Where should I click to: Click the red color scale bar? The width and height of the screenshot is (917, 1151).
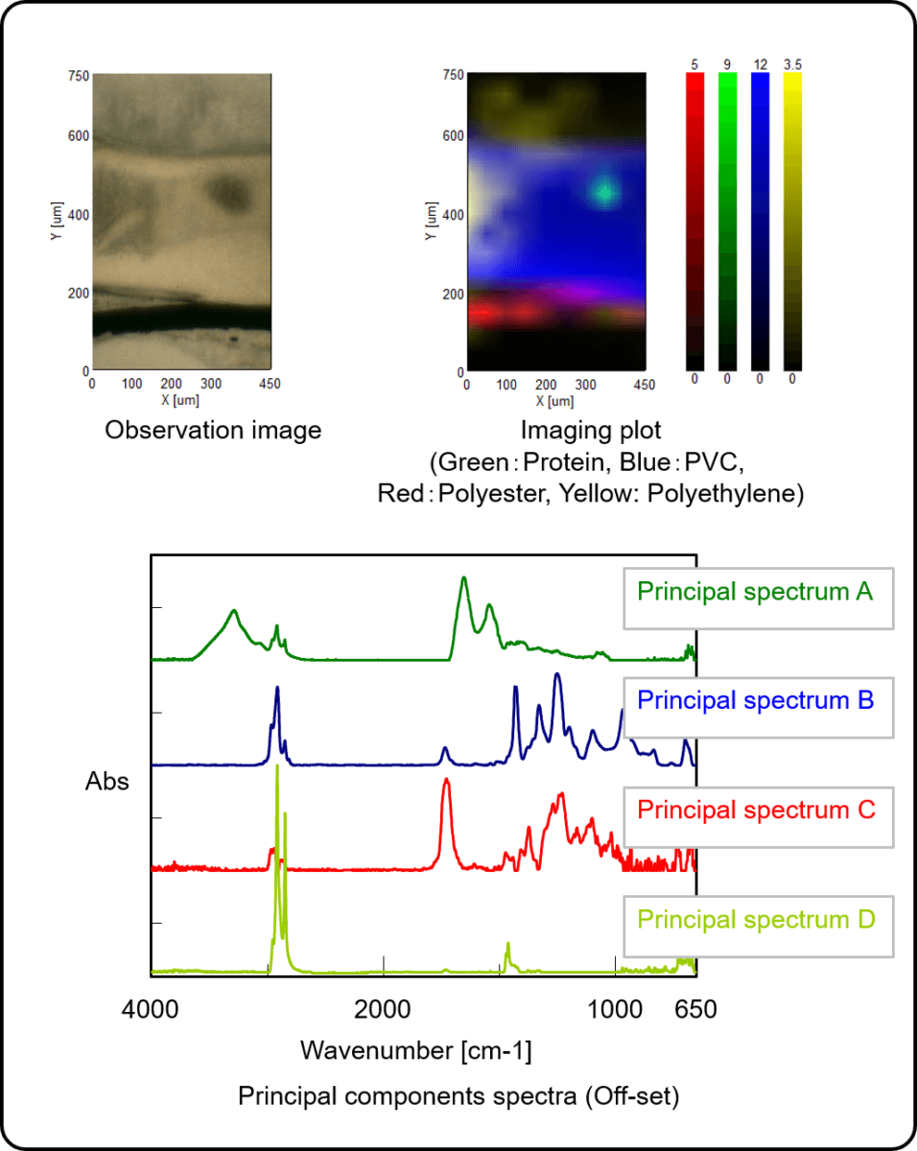click(x=694, y=222)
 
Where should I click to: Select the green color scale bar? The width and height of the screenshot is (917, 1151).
click(x=727, y=222)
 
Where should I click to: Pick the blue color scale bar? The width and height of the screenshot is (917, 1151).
click(x=760, y=222)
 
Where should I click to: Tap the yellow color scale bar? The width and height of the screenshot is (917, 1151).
click(x=792, y=222)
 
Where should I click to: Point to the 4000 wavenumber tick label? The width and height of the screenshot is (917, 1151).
click(x=151, y=1010)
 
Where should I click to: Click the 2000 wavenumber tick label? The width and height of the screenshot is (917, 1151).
click(x=383, y=1010)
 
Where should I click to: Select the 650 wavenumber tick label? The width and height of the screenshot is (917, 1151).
click(x=695, y=1010)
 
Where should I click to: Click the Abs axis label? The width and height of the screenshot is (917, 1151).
click(x=106, y=782)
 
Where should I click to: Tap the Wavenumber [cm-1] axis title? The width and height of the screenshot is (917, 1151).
click(x=415, y=1049)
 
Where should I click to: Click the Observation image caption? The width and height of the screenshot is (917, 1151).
click(x=213, y=431)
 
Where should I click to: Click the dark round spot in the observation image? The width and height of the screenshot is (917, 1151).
click(x=230, y=195)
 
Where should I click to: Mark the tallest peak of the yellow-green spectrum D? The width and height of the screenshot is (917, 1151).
click(x=277, y=767)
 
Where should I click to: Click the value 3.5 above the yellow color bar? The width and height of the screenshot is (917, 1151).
click(x=792, y=65)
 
